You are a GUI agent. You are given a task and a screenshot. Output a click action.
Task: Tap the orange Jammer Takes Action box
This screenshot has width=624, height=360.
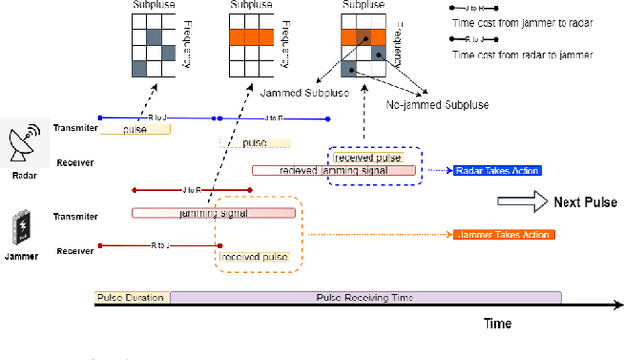[504, 235]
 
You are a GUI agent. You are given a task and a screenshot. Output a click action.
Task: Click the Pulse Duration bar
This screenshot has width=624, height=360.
[131, 298]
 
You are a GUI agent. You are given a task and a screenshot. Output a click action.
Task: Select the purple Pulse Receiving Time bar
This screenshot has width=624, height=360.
[366, 298]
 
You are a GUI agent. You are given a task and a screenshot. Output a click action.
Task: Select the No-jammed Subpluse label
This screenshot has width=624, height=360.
[439, 104]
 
